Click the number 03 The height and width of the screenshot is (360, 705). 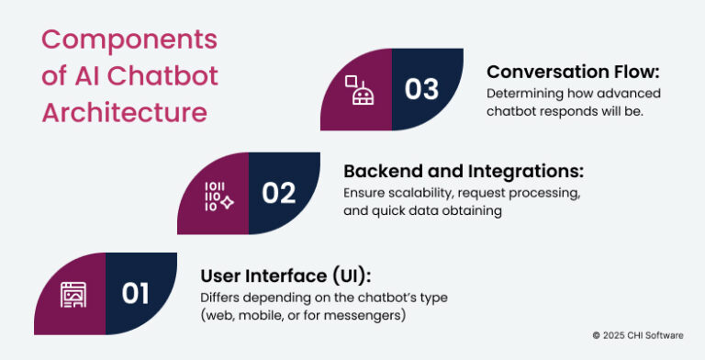pos(422,89)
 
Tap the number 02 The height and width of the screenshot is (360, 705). pos(279,193)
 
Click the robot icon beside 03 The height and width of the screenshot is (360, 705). pos(358,90)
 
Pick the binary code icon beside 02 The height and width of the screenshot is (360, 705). pos(217,194)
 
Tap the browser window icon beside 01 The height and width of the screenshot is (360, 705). pos(73,294)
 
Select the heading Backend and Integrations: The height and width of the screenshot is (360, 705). pos(464,171)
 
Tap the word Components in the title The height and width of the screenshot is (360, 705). pos(129,40)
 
